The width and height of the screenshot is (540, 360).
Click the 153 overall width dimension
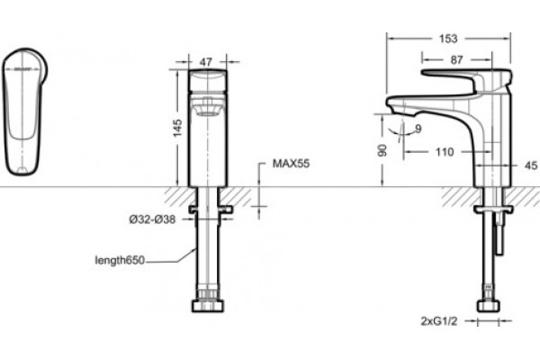448,39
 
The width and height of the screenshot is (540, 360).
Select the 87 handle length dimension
456,60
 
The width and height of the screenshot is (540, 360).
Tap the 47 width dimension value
206,62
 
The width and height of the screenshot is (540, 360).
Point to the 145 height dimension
177,128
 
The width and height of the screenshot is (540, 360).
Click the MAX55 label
291,163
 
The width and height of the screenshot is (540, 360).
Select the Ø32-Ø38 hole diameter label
152,219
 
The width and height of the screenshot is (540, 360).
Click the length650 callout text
120,260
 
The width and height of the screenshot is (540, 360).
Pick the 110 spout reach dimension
445,152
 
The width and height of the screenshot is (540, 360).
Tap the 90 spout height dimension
382,150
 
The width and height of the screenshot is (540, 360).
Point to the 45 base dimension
531,166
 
